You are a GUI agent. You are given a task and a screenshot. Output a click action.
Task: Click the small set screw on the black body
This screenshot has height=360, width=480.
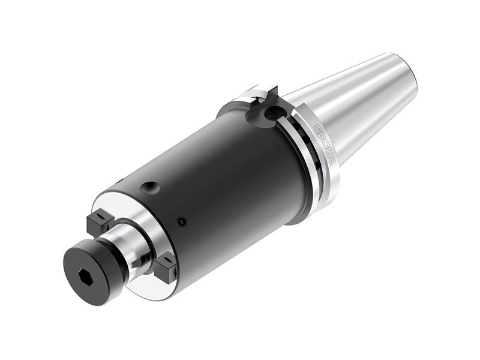(x=182, y=222)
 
